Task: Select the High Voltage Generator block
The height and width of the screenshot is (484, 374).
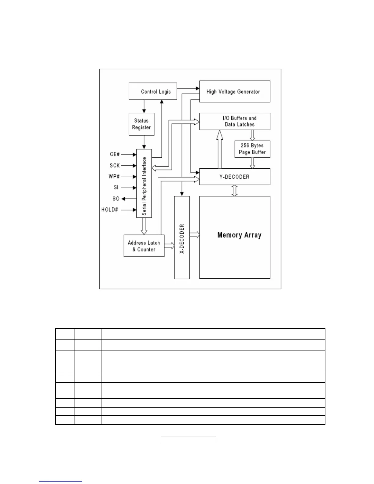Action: click(235, 91)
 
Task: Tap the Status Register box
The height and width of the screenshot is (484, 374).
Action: click(141, 124)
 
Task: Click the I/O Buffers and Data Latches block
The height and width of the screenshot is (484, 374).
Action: click(235, 121)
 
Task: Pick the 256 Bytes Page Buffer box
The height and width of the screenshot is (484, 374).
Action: click(252, 149)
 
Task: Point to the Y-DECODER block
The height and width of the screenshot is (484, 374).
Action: click(235, 177)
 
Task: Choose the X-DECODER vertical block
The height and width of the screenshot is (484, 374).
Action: click(182, 237)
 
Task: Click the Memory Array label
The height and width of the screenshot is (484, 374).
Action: click(239, 235)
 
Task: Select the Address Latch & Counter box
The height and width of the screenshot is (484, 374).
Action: click(144, 246)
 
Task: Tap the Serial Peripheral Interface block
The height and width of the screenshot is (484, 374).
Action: click(144, 183)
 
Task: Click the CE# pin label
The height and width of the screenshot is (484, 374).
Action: click(115, 154)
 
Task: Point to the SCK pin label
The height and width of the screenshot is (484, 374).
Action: click(115, 165)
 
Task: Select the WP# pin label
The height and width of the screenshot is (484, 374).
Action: click(114, 177)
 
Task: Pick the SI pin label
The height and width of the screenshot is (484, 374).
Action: click(116, 187)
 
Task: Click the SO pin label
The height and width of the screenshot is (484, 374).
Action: click(116, 199)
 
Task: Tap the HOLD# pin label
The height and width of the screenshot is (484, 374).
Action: click(110, 210)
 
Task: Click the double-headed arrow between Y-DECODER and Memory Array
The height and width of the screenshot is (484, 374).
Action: click(234, 190)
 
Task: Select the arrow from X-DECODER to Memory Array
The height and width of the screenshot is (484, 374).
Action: click(194, 235)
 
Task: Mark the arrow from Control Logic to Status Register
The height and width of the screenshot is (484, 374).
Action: click(144, 106)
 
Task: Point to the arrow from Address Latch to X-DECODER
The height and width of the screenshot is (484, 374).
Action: click(169, 245)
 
